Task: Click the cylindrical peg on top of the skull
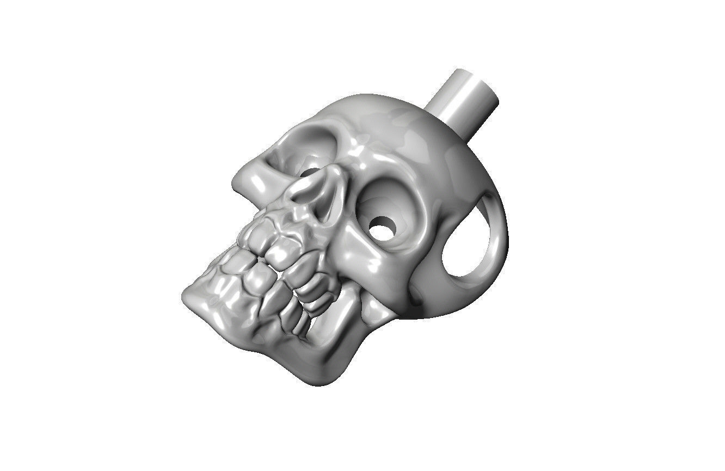pyautogui.click(x=463, y=100)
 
